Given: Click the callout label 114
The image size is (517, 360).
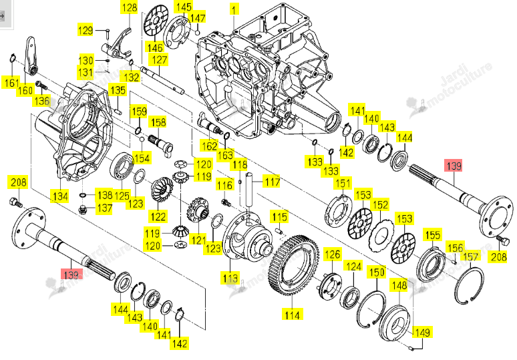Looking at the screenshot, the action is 292,315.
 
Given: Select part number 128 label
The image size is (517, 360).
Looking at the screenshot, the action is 130,7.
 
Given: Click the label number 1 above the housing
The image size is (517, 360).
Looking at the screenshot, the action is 234,9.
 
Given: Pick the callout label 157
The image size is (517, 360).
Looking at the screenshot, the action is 470,257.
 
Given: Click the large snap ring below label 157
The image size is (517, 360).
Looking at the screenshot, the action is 469,286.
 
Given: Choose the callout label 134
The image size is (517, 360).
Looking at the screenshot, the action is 60,196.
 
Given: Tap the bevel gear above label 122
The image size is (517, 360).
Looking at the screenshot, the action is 162,190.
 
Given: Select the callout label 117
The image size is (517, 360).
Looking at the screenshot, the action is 273,181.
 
